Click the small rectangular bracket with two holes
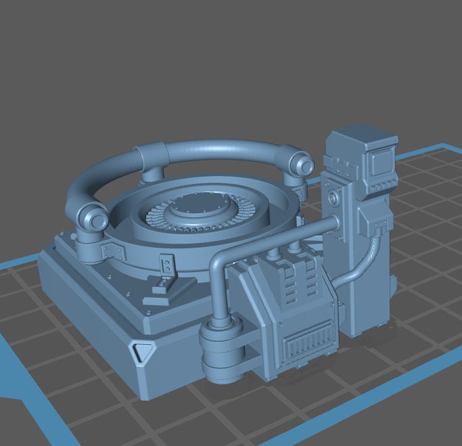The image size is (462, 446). (x=165, y=264)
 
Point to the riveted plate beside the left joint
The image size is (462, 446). (x=113, y=252)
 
